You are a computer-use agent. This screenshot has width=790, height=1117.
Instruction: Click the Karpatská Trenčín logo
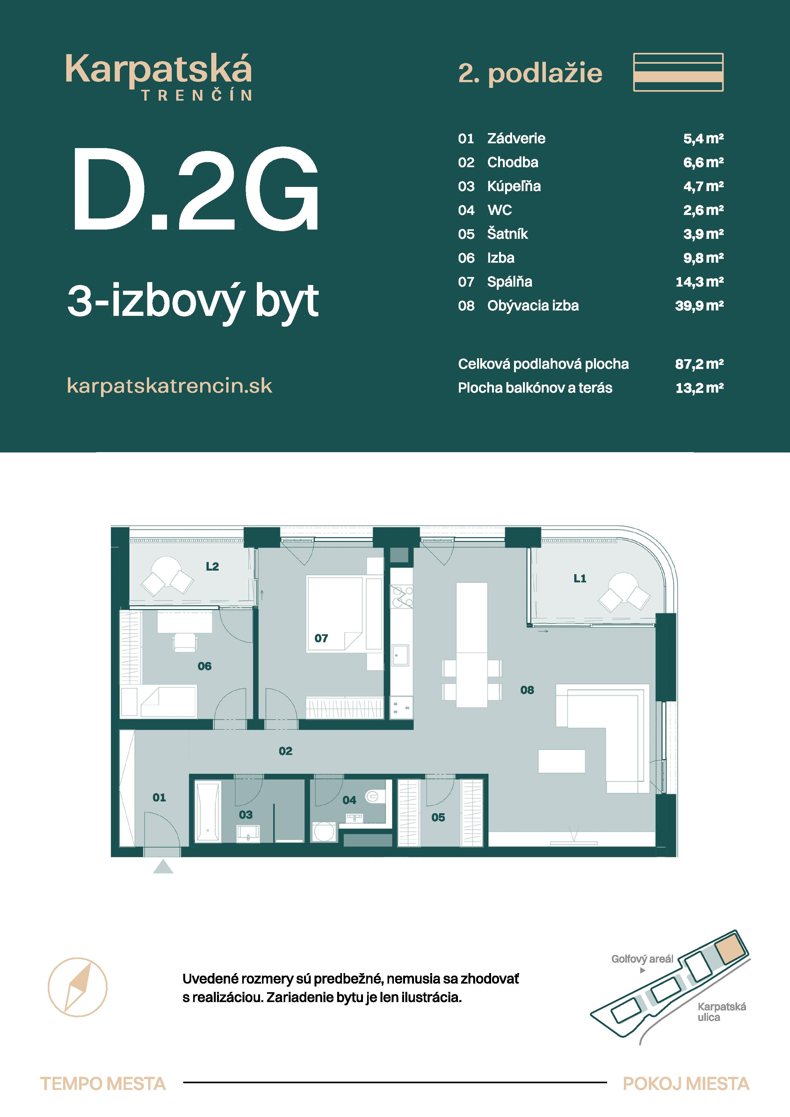point(159,77)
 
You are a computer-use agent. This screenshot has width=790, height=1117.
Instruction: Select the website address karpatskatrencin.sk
point(170,386)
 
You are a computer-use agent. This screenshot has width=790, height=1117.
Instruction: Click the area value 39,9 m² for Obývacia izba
point(699,306)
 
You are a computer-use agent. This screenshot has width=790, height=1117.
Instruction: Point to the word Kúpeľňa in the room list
point(514,186)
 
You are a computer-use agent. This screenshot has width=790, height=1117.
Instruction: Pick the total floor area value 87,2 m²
point(699,364)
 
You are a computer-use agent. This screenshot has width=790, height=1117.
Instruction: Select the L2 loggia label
point(212,566)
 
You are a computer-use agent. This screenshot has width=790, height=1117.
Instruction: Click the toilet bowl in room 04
point(373,796)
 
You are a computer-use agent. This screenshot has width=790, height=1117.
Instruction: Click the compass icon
point(77,987)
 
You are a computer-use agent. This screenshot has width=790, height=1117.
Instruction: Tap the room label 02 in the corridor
point(286,751)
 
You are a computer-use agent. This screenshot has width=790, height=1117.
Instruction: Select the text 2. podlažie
point(531,74)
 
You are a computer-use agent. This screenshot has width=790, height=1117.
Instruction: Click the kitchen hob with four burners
point(402,596)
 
